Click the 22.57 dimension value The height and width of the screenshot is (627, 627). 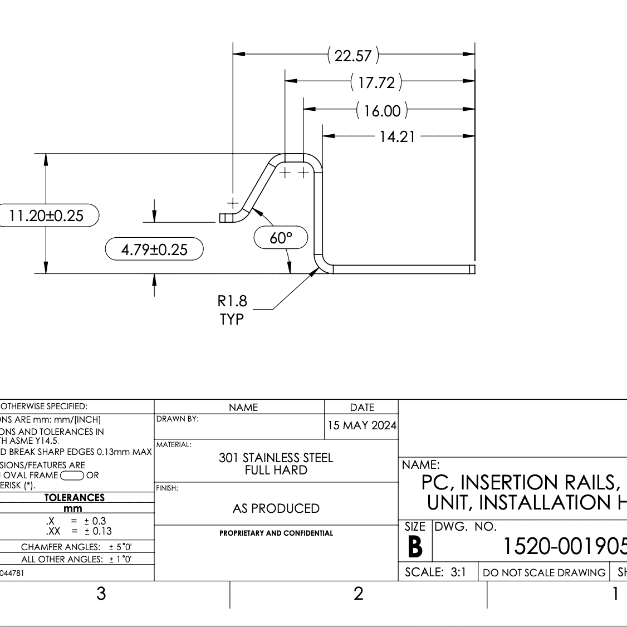point(353,56)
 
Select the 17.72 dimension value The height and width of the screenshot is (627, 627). point(376,82)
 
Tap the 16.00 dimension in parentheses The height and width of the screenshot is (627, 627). point(382,111)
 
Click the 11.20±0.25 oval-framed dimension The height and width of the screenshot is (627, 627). point(47,215)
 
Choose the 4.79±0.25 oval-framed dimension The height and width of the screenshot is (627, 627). point(154,249)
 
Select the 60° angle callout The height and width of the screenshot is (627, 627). point(281,238)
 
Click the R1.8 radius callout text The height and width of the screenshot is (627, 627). point(232,302)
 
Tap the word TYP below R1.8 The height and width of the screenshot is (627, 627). point(232,320)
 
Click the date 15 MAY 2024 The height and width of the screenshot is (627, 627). point(362,425)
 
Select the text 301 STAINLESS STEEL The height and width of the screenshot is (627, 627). point(276,458)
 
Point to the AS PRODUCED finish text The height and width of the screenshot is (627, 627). point(276,508)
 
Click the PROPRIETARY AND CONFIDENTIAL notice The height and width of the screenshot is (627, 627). point(276,533)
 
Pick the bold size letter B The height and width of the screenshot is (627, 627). point(415,547)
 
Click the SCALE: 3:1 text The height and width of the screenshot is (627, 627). point(435,572)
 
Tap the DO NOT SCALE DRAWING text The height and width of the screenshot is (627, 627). point(543,572)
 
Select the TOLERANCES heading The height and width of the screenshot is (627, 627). point(74,497)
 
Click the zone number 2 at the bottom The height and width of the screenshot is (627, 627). point(358,594)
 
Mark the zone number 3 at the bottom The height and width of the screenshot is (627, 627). point(101,594)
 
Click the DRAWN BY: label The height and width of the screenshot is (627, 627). point(177,419)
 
